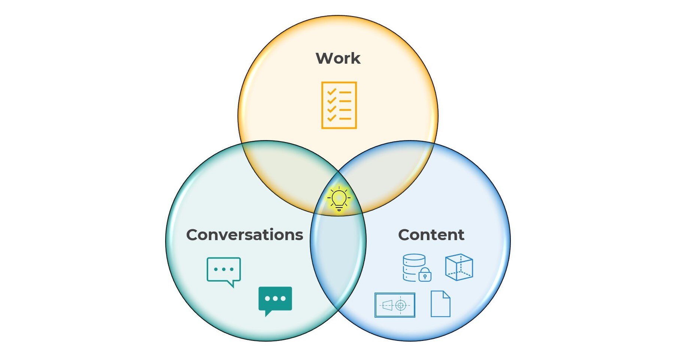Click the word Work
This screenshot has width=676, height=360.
(338, 58)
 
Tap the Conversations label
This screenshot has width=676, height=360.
(245, 235)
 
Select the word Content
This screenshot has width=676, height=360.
(431, 235)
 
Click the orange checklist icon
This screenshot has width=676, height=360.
(339, 105)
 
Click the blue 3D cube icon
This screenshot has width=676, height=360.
(459, 267)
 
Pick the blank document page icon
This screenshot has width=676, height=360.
(440, 304)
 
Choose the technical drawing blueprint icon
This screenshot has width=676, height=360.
(395, 305)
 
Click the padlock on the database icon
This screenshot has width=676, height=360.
(425, 276)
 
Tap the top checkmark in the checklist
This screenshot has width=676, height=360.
(331, 91)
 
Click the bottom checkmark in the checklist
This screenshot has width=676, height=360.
(331, 118)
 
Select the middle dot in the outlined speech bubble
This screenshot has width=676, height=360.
(224, 269)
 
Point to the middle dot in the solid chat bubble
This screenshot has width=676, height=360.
(275, 299)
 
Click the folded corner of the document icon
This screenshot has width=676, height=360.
(446, 295)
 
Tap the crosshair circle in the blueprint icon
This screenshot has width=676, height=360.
(401, 305)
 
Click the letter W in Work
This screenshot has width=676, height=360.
(324, 58)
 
